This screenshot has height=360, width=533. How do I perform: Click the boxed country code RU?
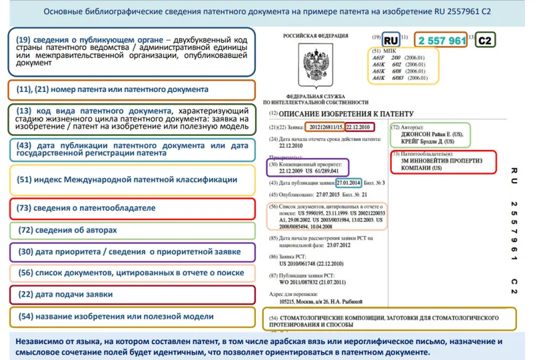[392, 40]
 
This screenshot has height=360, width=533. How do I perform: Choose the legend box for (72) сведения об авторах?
[133, 230]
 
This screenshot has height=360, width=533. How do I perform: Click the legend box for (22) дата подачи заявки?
[133, 295]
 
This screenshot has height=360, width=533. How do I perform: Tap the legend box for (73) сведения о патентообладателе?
[133, 208]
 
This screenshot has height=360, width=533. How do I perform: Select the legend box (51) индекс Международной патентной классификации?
[133, 179]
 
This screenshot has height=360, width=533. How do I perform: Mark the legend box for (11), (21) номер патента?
[133, 89]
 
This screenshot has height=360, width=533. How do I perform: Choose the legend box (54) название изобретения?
[133, 317]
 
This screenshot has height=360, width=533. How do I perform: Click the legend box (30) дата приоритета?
[133, 251]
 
